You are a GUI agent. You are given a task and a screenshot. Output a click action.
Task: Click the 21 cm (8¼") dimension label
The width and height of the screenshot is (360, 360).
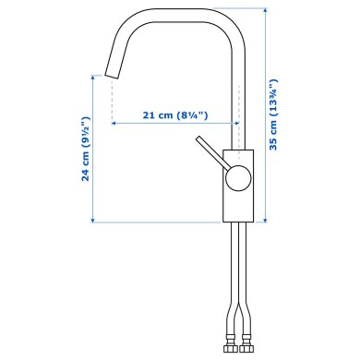tap(175, 114)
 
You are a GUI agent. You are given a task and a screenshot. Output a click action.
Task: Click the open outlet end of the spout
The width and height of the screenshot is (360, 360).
tap(111, 73)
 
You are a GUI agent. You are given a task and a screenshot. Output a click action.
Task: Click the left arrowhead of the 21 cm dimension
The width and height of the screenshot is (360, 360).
tap(114, 122)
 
